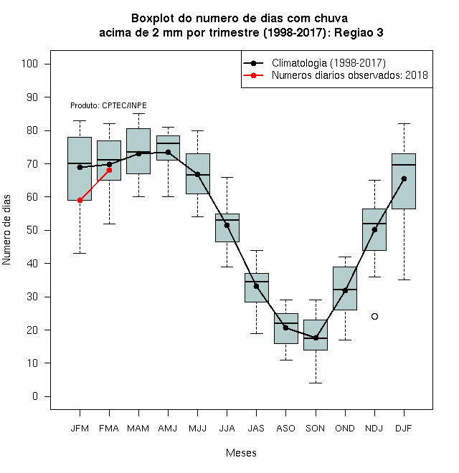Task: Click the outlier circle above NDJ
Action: coord(374,317)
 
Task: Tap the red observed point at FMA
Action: coord(109,170)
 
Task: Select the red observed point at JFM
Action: coord(80,200)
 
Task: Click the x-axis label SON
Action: coord(316,429)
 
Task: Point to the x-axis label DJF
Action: coord(404,429)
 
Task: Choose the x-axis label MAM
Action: coord(138,429)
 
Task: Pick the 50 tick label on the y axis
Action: coord(32,230)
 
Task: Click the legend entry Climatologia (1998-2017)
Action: coord(328,63)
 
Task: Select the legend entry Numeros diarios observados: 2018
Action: coord(350,75)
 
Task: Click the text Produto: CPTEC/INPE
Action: coord(108,105)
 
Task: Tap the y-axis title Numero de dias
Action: coord(6,230)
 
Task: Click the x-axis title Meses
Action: coord(241,453)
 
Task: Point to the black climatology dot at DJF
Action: coord(404,178)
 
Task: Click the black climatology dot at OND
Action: coord(345,290)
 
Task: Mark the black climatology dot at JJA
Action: coord(227,225)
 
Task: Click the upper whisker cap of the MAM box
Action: coord(138,114)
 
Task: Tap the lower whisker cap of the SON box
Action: coord(316,383)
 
